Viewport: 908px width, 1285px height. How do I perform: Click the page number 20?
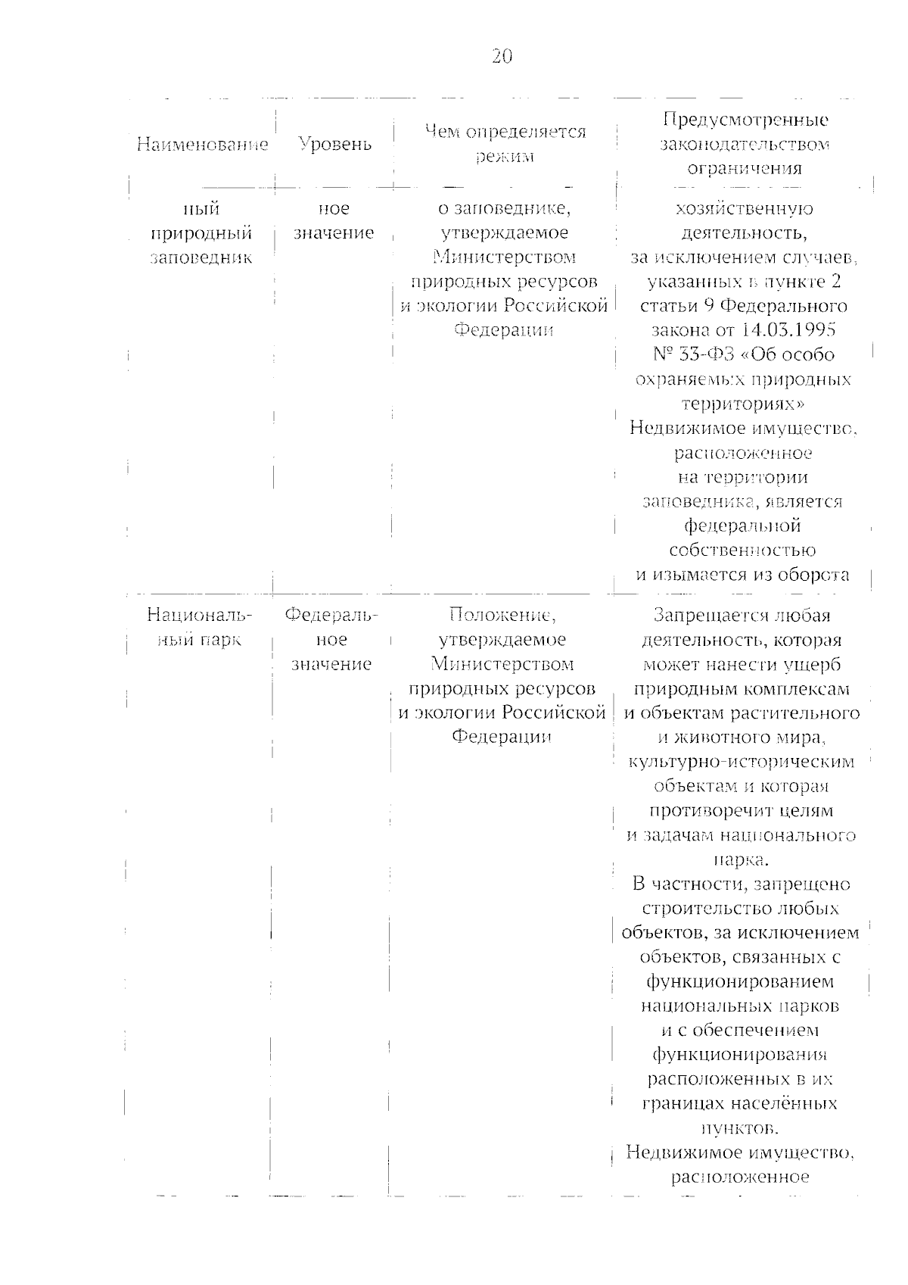pos(502,57)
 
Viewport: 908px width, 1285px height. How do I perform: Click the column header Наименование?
pos(202,144)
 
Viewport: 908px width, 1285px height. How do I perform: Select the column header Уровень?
pos(334,144)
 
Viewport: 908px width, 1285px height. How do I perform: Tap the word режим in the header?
pos(505,157)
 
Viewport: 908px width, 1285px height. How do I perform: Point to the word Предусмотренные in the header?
pos(745,120)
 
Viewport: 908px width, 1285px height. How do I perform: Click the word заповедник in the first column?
pos(201,257)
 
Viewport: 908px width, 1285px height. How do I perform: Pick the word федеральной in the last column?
pos(742,526)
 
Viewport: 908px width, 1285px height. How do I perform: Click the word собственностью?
pos(743,550)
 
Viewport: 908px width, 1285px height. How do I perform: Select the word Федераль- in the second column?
pos(331,615)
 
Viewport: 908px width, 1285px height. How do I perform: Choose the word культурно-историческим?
pos(742,762)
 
